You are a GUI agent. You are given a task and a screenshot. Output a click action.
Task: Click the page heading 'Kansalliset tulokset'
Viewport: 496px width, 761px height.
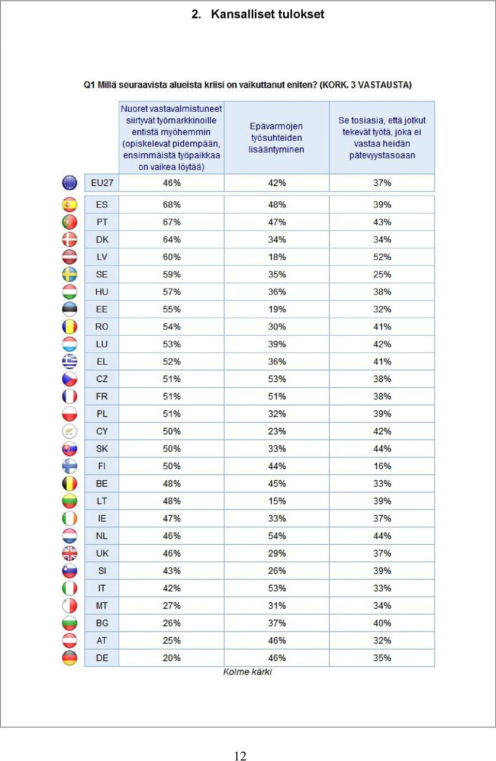[267, 14]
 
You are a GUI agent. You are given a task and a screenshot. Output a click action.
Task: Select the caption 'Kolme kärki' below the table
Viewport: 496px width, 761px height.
[247, 672]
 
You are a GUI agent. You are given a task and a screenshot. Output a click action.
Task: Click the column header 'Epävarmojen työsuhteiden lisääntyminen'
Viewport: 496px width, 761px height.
[276, 138]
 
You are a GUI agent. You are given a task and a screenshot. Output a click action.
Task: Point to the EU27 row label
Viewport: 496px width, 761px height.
[102, 183]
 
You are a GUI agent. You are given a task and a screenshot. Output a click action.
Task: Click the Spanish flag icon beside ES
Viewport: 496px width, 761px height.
[70, 204]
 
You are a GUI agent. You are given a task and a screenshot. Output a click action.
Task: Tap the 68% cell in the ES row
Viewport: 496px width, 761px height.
[172, 204]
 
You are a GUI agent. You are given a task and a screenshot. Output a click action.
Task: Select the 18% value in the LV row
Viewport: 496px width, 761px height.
[277, 257]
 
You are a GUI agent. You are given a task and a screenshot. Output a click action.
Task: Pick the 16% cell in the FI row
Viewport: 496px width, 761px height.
[382, 466]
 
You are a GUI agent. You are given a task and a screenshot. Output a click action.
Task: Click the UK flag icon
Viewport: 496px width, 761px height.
[70, 553]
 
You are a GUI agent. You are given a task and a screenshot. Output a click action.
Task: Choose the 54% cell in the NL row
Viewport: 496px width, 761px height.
[277, 536]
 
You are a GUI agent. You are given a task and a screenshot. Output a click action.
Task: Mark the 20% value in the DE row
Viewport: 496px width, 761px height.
[172, 658]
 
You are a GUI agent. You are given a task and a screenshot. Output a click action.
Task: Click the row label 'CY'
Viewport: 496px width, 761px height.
[102, 431]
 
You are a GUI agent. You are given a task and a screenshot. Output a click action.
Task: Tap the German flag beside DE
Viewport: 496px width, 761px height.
[70, 658]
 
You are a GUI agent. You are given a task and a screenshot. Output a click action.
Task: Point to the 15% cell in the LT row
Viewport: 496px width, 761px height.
[277, 501]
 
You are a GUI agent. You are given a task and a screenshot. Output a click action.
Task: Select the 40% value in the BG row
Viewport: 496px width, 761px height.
[382, 623]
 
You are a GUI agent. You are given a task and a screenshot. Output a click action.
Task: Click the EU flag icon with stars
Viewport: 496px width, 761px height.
[70, 183]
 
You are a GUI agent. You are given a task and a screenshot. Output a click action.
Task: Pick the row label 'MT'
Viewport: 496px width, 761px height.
[102, 605]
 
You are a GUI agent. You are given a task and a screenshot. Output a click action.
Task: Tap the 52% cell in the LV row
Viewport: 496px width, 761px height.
[382, 257]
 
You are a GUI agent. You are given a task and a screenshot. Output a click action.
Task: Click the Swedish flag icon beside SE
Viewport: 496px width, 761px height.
[70, 274]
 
